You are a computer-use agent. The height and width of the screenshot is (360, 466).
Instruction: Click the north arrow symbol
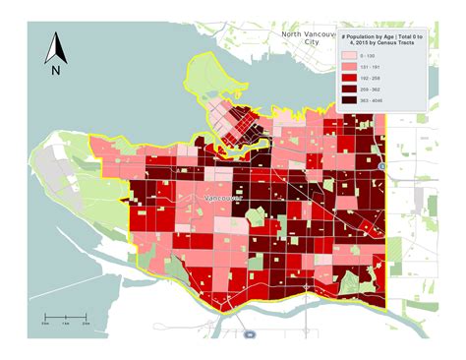[56, 46]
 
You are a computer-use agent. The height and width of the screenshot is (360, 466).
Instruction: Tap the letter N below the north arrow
[56, 70]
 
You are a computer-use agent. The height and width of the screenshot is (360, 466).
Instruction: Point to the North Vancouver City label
[313, 38]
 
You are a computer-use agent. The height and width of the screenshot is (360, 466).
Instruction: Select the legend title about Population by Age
[382, 42]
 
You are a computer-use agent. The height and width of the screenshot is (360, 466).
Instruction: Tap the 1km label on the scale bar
[65, 323]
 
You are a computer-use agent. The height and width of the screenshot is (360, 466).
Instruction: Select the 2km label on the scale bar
[86, 323]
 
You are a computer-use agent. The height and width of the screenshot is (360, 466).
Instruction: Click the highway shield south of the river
[251, 334]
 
